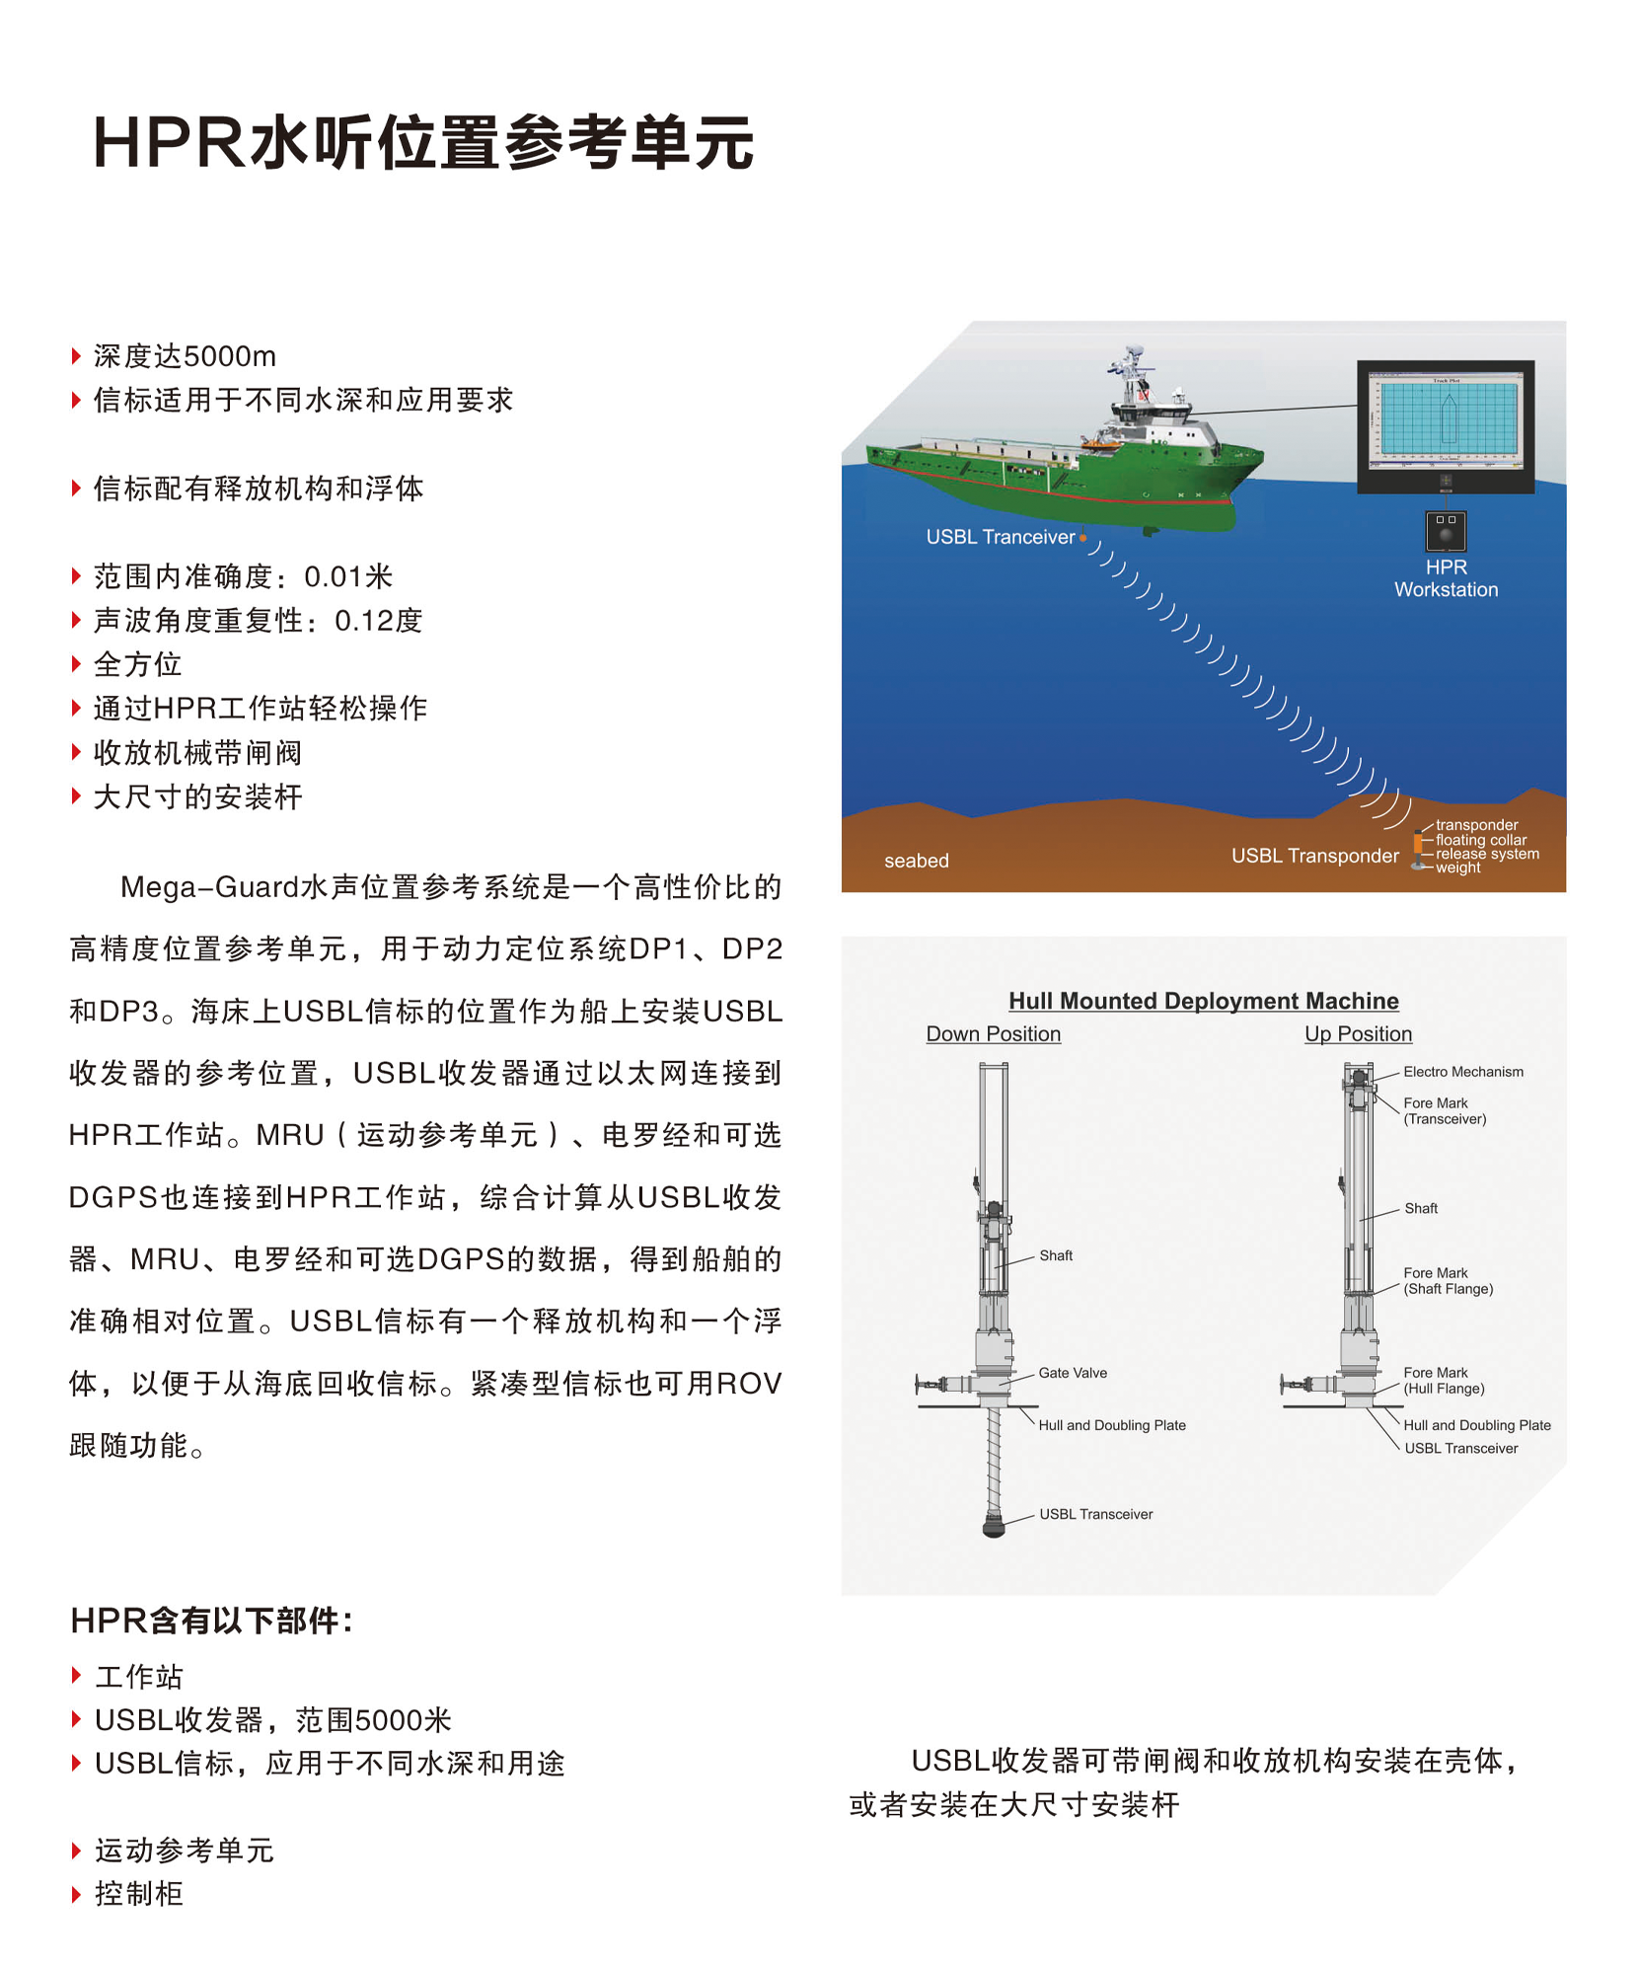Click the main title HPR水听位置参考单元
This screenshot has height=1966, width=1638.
pos(422,143)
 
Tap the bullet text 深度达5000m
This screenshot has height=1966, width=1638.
pos(185,356)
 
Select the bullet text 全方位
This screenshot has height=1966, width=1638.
pos(137,664)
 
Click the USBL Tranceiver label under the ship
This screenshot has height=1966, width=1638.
pos(1000,537)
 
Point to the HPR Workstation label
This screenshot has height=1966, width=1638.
pos(1446,578)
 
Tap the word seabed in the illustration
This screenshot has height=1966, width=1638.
pos(916,861)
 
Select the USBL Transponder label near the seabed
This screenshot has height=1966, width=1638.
pos(1314,856)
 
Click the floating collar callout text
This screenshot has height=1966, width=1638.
pos(1480,840)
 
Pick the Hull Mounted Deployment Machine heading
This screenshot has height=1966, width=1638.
pos(1203,1001)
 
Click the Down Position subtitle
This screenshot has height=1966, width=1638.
pos(993,1034)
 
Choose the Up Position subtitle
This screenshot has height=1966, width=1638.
pos(1358,1034)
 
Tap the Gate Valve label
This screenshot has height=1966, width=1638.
pos(1073,1373)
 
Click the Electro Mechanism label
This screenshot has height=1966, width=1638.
pos(1462,1072)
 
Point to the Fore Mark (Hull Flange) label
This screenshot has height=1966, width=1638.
pos(1443,1381)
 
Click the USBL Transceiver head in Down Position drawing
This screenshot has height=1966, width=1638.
pos(994,1525)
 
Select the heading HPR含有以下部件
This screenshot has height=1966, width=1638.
pos(211,1621)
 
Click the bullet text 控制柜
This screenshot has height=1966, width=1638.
pos(138,1893)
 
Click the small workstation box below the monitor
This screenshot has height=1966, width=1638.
pos(1446,531)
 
